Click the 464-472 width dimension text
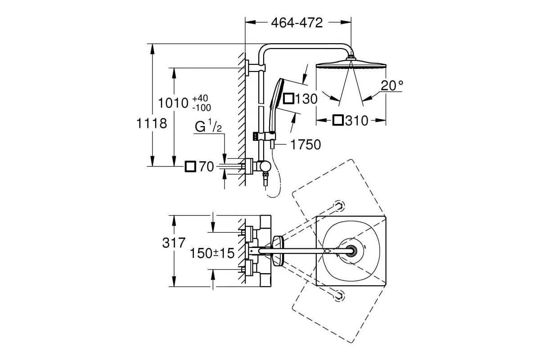297,23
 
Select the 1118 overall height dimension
152,123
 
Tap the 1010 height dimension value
173,103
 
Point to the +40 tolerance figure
200,98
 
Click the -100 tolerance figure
202,108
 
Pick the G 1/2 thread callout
208,126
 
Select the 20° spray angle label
392,85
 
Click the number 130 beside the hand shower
306,99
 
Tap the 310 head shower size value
357,121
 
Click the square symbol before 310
338,120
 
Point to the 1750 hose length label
306,145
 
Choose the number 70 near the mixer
207,166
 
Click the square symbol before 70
190,166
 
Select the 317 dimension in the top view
174,243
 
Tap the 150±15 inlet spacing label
212,253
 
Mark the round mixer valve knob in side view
265,166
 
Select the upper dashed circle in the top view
339,206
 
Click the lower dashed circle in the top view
339,295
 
